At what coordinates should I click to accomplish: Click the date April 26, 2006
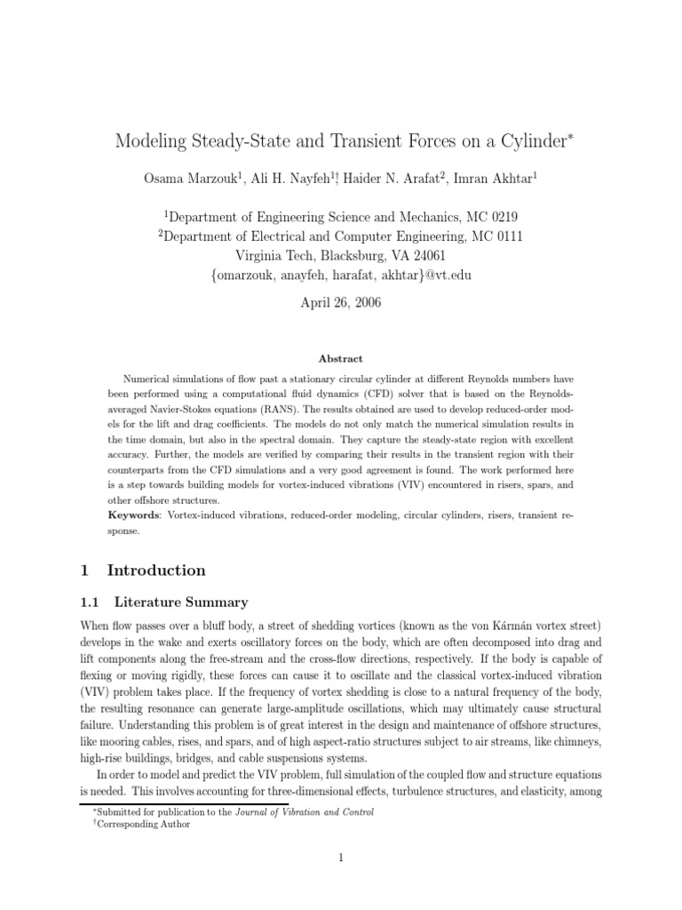[340, 302]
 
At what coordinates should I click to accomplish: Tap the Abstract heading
[340, 358]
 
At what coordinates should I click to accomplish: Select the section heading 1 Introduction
[144, 570]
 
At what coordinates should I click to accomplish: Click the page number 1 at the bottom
[341, 858]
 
